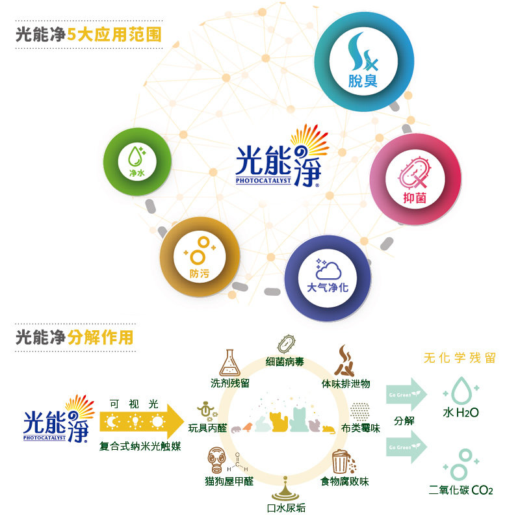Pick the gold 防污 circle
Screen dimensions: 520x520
coord(200,255)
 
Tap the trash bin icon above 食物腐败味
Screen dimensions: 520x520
coord(340,462)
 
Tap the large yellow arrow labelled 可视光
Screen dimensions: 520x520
coord(142,421)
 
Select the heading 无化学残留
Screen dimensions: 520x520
coord(460,358)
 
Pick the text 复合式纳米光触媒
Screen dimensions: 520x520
coord(140,447)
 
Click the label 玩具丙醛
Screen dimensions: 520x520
coord(207,427)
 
